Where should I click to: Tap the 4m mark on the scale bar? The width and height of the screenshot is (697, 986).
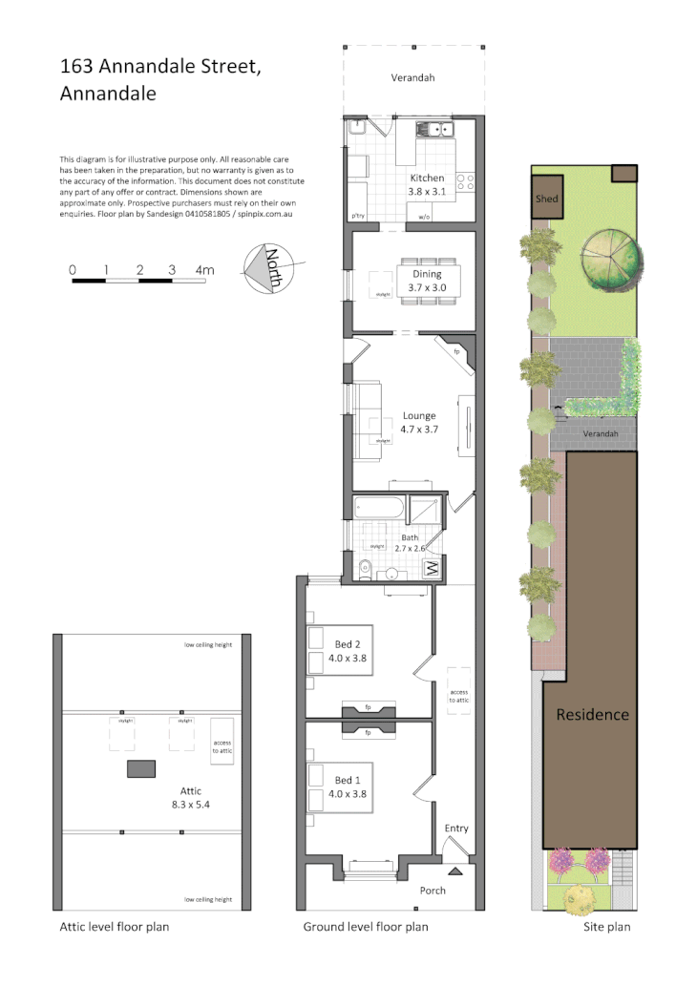click(x=204, y=270)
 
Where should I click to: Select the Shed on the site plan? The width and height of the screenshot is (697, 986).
click(x=547, y=199)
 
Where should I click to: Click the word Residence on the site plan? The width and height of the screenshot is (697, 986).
click(x=592, y=714)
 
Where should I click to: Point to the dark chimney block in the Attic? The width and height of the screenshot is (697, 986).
click(x=141, y=768)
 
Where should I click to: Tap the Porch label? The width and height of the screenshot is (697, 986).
click(x=433, y=891)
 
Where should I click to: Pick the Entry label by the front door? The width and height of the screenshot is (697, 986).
click(x=456, y=828)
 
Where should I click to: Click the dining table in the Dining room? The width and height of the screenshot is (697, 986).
click(x=428, y=282)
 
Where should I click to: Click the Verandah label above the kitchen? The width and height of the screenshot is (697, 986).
click(x=412, y=77)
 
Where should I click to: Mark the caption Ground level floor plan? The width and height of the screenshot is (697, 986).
click(x=366, y=927)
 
